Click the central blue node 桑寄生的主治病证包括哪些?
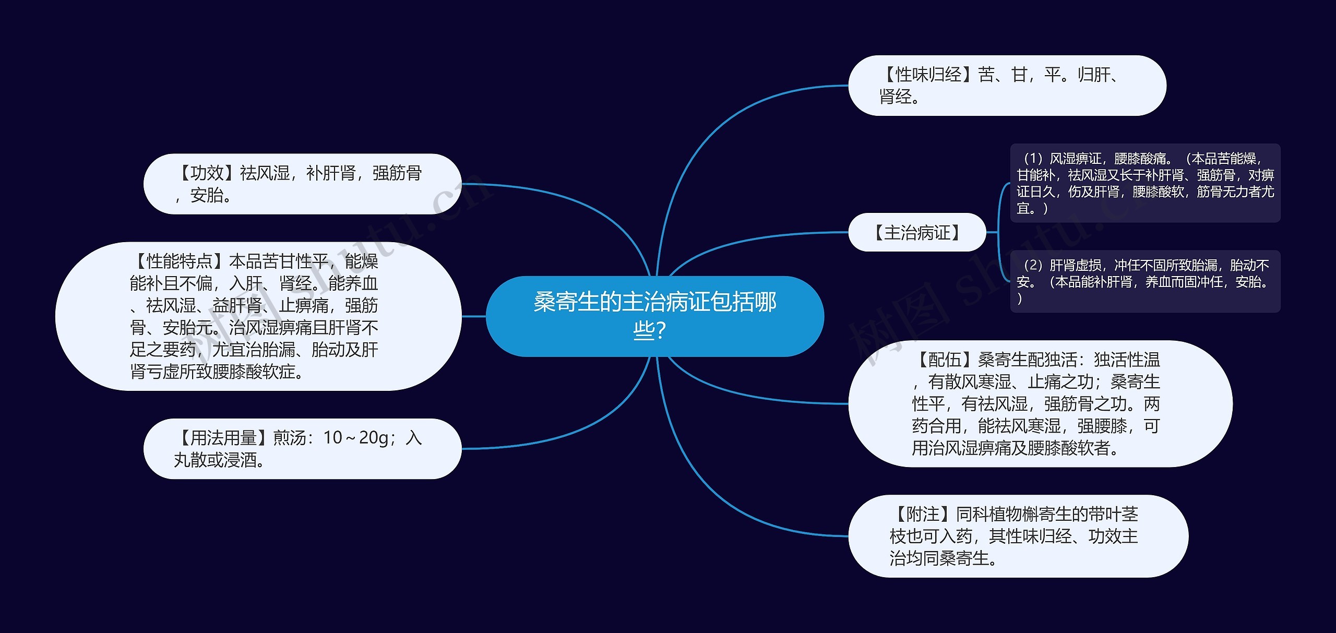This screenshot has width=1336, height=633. pyautogui.click(x=654, y=316)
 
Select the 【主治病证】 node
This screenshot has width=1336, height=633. pyautogui.click(x=917, y=232)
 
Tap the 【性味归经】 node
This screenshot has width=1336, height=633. pyautogui.click(x=1007, y=86)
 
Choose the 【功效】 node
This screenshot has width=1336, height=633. pyautogui.click(x=302, y=184)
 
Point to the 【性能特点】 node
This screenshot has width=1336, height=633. pyautogui.click(x=258, y=316)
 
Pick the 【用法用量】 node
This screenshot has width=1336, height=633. pyautogui.click(x=302, y=448)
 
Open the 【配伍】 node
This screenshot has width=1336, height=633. pyautogui.click(x=1040, y=403)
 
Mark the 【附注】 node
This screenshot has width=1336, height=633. pyautogui.click(x=1018, y=536)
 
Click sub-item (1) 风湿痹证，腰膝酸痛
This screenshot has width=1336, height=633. pyautogui.click(x=1145, y=183)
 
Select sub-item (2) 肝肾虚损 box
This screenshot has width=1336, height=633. pyautogui.click(x=1145, y=281)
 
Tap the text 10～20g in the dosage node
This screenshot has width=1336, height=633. pyautogui.click(x=355, y=438)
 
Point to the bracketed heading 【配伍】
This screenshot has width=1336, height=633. pyautogui.click(x=944, y=360)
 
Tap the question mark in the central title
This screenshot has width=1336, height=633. pyautogui.click(x=660, y=330)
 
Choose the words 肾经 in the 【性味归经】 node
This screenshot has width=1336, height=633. pyautogui.click(x=895, y=97)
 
